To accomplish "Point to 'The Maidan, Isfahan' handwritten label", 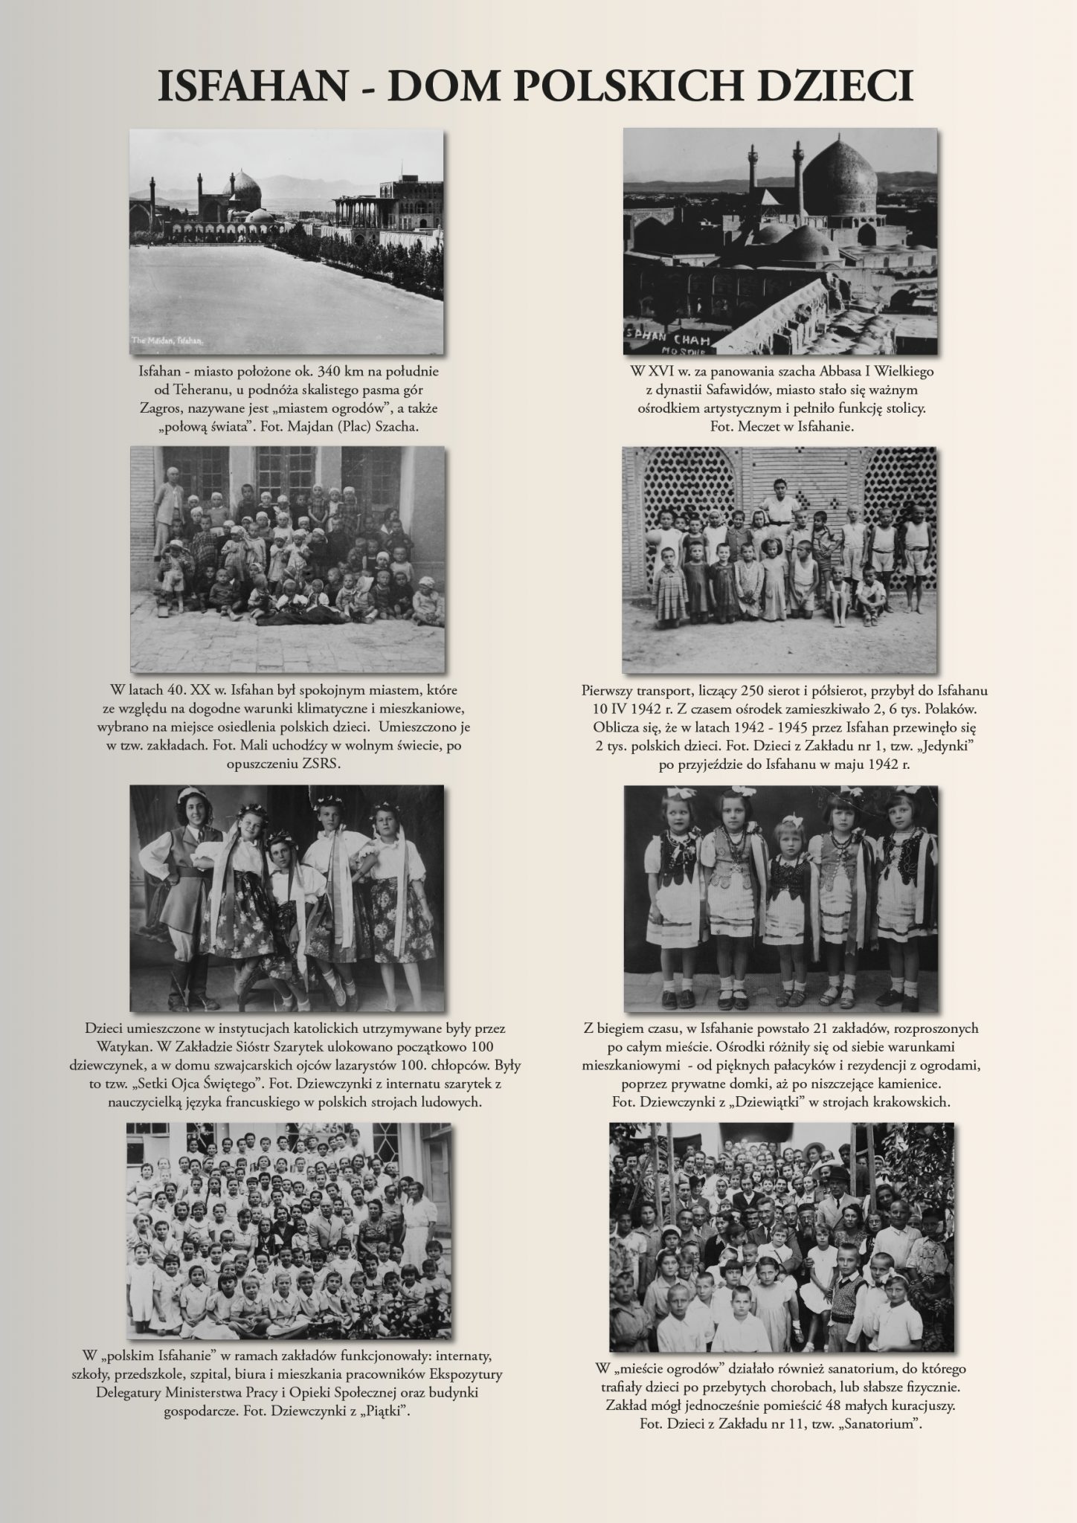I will click(167, 340).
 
